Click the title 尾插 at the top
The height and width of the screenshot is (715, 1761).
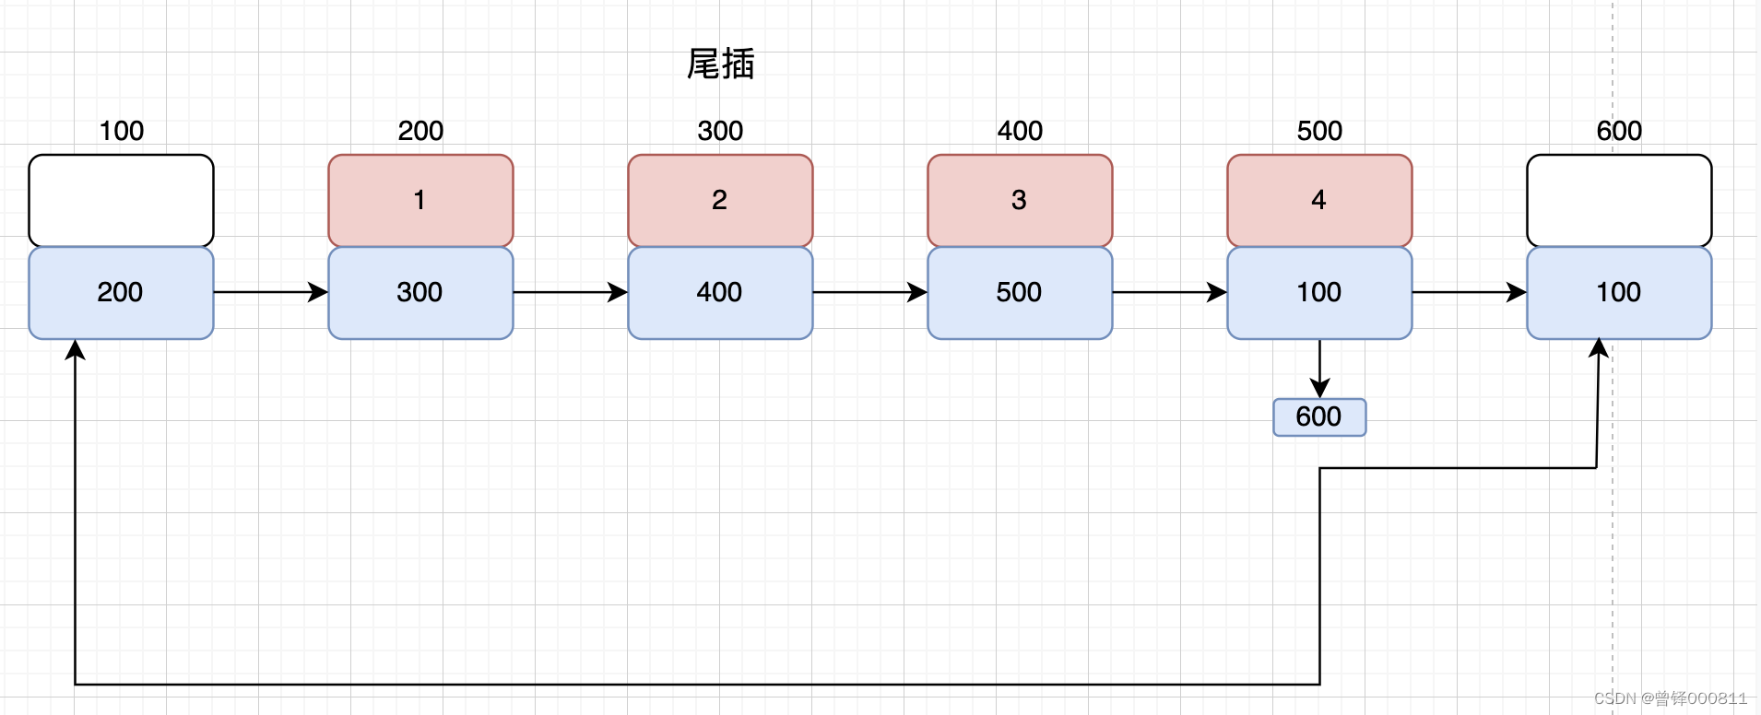point(720,64)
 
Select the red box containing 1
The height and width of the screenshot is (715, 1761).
point(420,201)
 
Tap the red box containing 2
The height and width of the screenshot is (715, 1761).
point(720,201)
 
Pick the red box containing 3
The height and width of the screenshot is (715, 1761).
point(1020,201)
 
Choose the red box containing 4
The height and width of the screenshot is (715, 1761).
point(1319,201)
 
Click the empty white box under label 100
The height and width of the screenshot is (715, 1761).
point(121,201)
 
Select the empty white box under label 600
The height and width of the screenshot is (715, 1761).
point(1619,201)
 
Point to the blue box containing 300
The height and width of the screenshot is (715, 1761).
point(420,293)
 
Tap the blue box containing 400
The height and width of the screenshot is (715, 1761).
point(720,293)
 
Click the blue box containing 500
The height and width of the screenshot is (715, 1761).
point(1020,293)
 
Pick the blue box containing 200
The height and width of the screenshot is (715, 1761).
point(121,293)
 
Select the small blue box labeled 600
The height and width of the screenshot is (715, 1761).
point(1319,417)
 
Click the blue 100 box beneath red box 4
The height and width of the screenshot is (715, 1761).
point(1319,293)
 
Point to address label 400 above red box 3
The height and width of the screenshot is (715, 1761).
point(1020,131)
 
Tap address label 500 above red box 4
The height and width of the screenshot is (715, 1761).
point(1319,131)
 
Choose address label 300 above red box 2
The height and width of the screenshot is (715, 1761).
point(720,131)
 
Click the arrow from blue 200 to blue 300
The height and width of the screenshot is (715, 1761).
point(271,292)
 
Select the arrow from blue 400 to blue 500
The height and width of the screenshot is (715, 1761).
point(870,292)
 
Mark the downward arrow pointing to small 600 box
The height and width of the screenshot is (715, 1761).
point(1319,369)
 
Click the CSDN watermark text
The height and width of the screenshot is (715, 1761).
point(1671,698)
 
